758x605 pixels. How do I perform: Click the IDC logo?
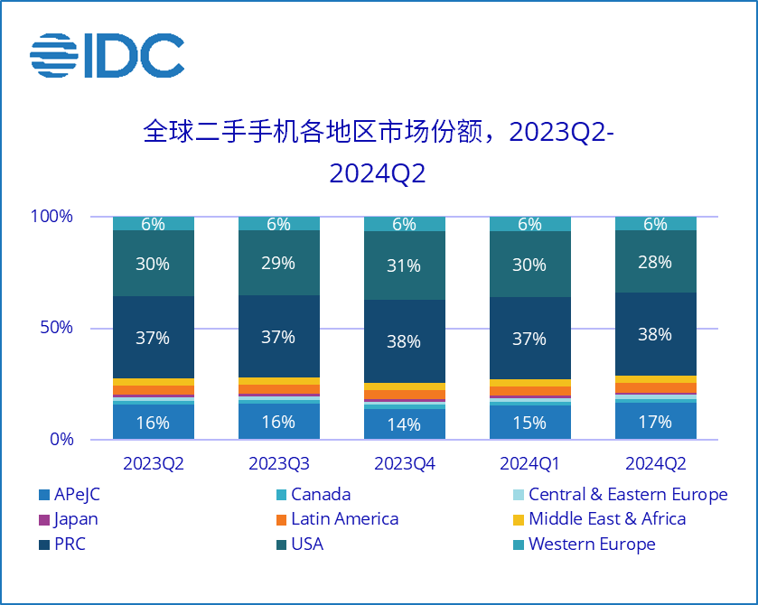[107, 56]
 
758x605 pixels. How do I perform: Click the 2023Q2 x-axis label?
[154, 464]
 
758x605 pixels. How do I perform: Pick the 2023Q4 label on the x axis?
[405, 464]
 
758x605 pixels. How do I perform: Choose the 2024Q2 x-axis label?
[655, 464]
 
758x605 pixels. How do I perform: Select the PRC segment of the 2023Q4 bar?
[405, 341]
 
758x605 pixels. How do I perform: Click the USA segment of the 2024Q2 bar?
[655, 262]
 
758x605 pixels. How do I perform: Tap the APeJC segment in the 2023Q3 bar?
[278, 422]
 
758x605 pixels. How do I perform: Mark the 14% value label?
[405, 424]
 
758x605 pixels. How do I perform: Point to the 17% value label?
[655, 422]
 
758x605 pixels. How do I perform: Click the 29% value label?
[278, 263]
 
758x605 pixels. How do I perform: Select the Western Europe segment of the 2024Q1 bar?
[529, 224]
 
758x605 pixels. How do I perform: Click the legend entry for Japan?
[69, 519]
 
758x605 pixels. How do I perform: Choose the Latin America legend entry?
[335, 519]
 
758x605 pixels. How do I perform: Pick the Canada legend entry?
[312, 495]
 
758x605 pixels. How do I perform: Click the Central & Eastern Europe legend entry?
[619, 495]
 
